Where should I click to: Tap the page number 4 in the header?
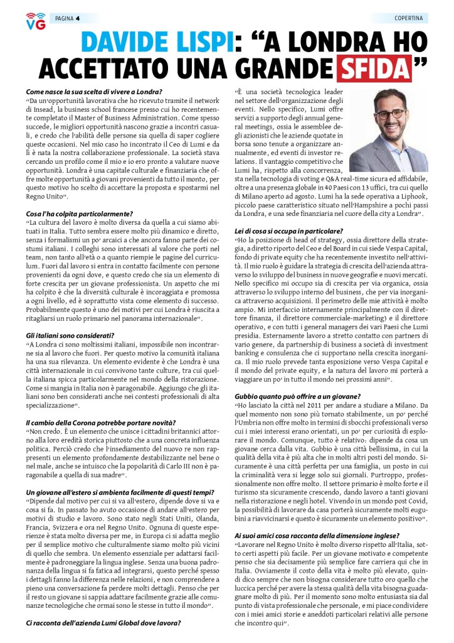click(x=77, y=18)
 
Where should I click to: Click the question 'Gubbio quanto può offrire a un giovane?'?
click(x=297, y=396)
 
